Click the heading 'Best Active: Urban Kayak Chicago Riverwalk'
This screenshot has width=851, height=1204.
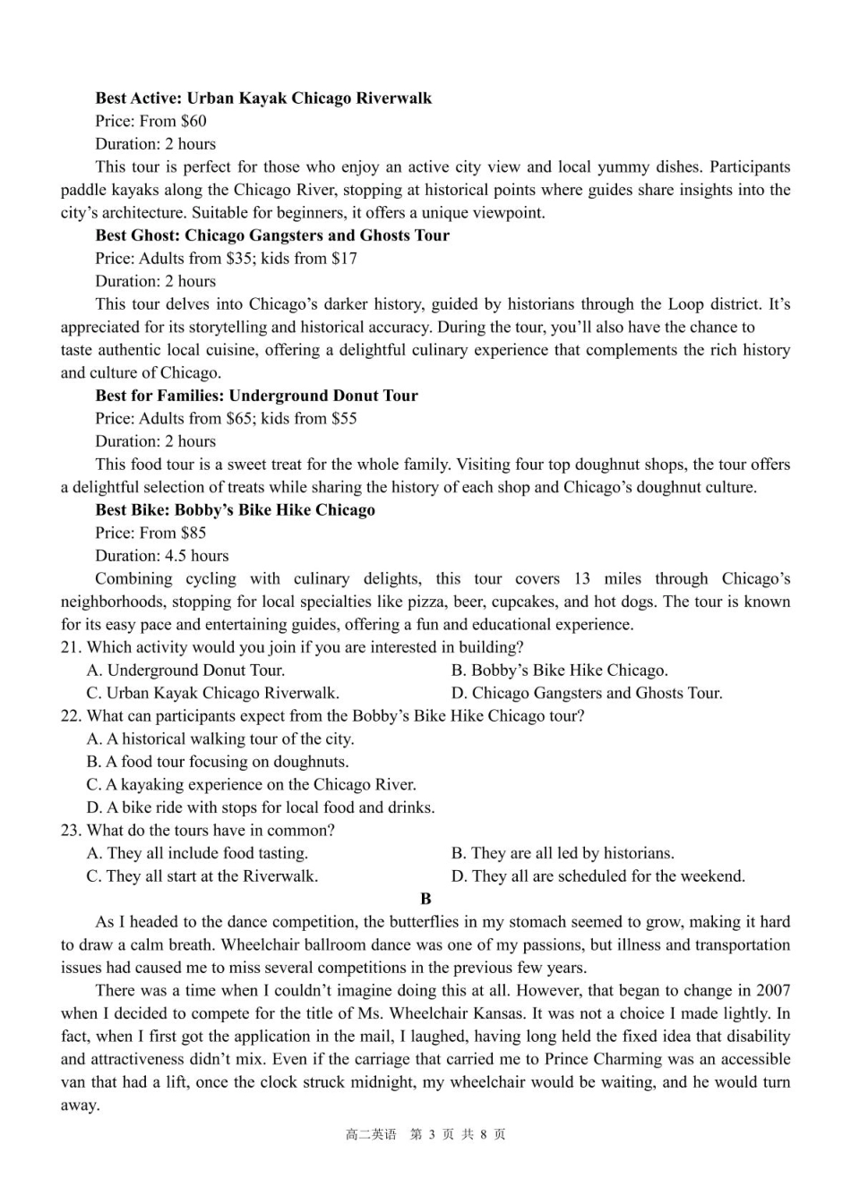tap(263, 98)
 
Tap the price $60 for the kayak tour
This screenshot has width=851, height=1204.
tap(193, 122)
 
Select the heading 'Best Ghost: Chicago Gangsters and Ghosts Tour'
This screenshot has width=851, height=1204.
tap(272, 235)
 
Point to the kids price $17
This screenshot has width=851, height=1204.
tap(344, 259)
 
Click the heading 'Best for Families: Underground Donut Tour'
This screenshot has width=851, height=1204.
tap(256, 396)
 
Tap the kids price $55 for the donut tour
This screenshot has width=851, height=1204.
tap(344, 419)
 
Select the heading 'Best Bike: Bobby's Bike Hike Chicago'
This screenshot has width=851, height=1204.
tap(235, 510)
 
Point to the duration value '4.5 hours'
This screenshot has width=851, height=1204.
tap(196, 556)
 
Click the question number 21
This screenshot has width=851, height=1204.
tap(71, 647)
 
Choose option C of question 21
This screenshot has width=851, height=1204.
tap(212, 693)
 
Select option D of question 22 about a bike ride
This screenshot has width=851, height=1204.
tap(261, 807)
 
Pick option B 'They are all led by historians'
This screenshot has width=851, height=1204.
tap(563, 853)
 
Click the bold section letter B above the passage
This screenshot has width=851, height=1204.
tap(425, 899)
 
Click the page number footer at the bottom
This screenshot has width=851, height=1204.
tap(425, 1135)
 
